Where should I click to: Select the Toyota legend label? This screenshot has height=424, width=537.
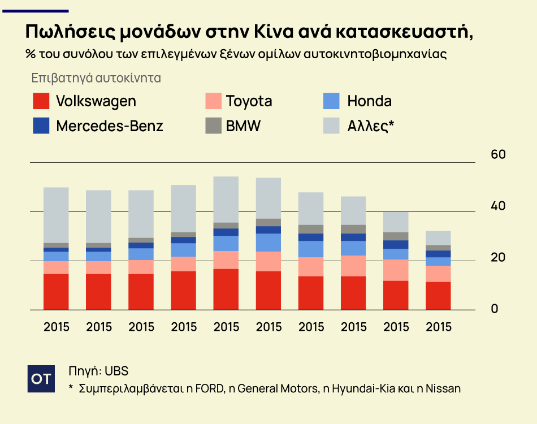tap(249, 101)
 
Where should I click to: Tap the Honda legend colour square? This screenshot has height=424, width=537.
tap(331, 101)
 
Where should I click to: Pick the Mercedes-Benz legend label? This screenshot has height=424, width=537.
tap(109, 126)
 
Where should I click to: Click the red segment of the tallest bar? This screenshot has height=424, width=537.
tap(226, 289)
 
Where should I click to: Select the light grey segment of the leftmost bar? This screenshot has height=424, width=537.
tap(56, 215)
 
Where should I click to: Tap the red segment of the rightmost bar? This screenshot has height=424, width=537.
tap(438, 296)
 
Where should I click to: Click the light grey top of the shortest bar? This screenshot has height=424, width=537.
tap(438, 237)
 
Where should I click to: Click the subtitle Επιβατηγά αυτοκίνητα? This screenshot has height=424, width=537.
tap(96, 77)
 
